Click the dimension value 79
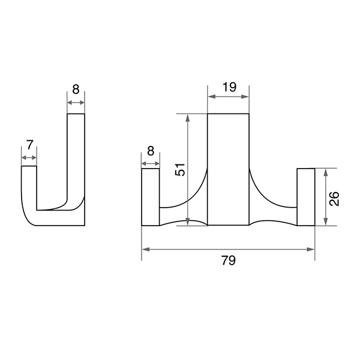pos(229,260)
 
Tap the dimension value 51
pos(180,170)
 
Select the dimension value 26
pos(334,199)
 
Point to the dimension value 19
pos(229,87)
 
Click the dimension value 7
pos(30,145)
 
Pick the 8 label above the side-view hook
pos(76,89)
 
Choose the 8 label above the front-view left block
pos(151,151)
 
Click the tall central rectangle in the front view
pos(228,169)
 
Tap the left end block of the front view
pos(151,197)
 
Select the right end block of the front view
pos(306,197)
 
